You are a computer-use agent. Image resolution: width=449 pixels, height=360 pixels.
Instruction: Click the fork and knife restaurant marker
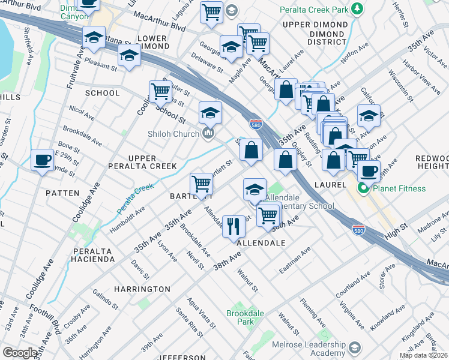click(234, 226)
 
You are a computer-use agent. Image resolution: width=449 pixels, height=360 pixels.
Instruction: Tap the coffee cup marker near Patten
click(41, 160)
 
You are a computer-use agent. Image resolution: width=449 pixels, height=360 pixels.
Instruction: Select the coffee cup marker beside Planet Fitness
click(369, 170)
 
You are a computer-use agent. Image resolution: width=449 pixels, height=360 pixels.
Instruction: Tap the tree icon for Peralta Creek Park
click(358, 8)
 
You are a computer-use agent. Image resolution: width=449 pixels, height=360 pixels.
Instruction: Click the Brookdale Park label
click(241, 317)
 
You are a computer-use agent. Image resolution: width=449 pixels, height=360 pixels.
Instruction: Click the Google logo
click(20, 352)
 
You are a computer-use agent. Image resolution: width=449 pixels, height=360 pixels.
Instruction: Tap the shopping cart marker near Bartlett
click(201, 183)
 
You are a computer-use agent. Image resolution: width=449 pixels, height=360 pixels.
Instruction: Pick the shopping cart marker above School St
click(160, 91)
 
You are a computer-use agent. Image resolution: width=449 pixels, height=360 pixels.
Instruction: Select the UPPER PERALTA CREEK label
click(142, 162)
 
